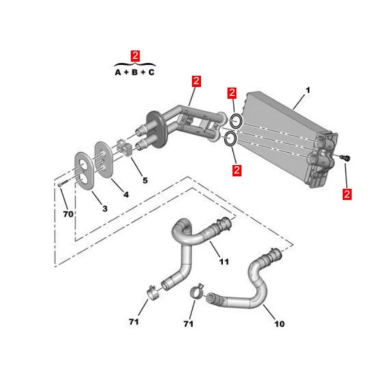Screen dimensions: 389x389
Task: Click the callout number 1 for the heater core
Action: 308,90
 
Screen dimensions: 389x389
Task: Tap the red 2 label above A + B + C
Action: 135,56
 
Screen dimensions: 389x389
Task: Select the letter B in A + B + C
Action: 134,72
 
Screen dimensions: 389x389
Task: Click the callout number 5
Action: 145,180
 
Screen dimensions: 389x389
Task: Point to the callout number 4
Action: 126,194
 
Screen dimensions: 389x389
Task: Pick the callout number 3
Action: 105,209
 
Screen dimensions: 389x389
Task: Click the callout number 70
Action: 68,214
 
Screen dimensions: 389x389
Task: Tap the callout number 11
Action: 224,262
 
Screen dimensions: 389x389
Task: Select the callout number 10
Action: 279,324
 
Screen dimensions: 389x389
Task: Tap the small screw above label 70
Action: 64,184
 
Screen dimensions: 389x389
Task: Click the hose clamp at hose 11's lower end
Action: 153,293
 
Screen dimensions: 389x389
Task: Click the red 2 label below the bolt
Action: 347,194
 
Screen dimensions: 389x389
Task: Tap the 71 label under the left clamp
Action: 133,322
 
